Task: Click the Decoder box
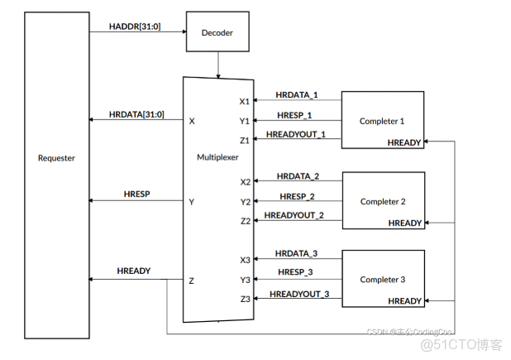[x=217, y=34]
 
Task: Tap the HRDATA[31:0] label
[x=135, y=113]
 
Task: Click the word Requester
[x=56, y=157]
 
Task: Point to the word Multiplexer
[x=217, y=156]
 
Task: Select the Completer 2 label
[x=383, y=201]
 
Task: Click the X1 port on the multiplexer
[x=245, y=102]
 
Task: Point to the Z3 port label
[x=245, y=298]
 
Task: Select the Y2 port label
[x=245, y=201]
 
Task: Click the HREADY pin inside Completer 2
[x=405, y=223]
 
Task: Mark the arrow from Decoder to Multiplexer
[x=217, y=64]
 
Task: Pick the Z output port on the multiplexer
[x=191, y=281]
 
